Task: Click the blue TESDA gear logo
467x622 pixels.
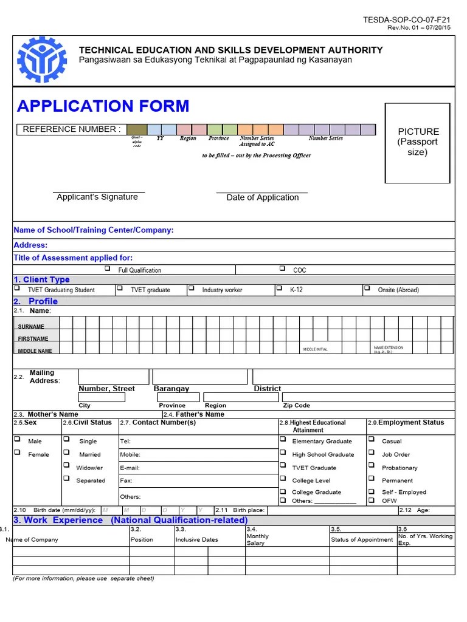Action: tap(43, 60)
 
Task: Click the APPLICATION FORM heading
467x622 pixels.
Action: tap(103, 106)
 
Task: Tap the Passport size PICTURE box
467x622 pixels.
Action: tap(418, 142)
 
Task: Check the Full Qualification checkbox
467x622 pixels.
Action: tap(107, 268)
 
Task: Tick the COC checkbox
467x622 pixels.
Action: tap(282, 268)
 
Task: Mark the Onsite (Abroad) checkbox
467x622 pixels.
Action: tap(367, 289)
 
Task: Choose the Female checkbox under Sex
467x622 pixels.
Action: tap(17, 453)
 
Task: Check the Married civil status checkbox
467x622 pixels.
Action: tap(66, 453)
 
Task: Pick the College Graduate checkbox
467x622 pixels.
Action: tap(283, 491)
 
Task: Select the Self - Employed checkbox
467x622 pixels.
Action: tap(371, 491)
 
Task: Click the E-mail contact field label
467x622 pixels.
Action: tap(130, 468)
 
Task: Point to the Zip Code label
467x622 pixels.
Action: tap(297, 405)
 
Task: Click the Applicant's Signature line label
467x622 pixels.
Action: tap(97, 197)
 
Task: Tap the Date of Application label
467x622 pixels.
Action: tap(263, 197)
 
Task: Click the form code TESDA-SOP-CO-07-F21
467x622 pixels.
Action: tap(407, 20)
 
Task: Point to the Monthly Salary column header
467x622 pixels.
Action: tap(257, 539)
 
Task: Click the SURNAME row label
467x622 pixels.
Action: tap(31, 326)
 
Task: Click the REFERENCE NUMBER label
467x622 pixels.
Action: tap(72, 129)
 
